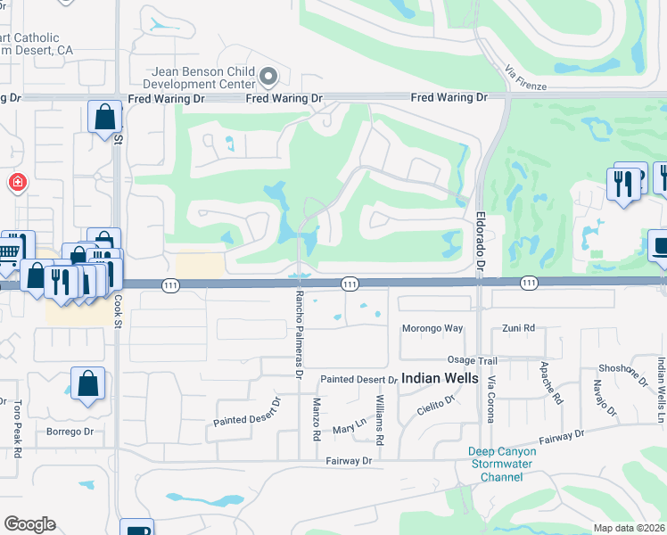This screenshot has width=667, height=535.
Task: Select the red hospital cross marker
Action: pyautogui.click(x=17, y=184)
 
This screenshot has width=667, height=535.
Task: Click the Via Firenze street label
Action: pyautogui.click(x=524, y=78)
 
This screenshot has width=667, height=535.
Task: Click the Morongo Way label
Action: pyautogui.click(x=432, y=328)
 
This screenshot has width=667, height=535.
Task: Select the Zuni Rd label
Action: pyautogui.click(x=517, y=328)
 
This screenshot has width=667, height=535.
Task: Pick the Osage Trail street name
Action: pyautogui.click(x=472, y=359)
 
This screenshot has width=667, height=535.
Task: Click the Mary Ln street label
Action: pyautogui.click(x=349, y=428)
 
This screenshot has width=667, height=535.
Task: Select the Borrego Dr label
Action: pyautogui.click(x=70, y=432)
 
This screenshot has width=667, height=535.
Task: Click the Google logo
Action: pyautogui.click(x=29, y=524)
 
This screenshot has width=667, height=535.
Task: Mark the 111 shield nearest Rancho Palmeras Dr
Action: pyautogui.click(x=350, y=284)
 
